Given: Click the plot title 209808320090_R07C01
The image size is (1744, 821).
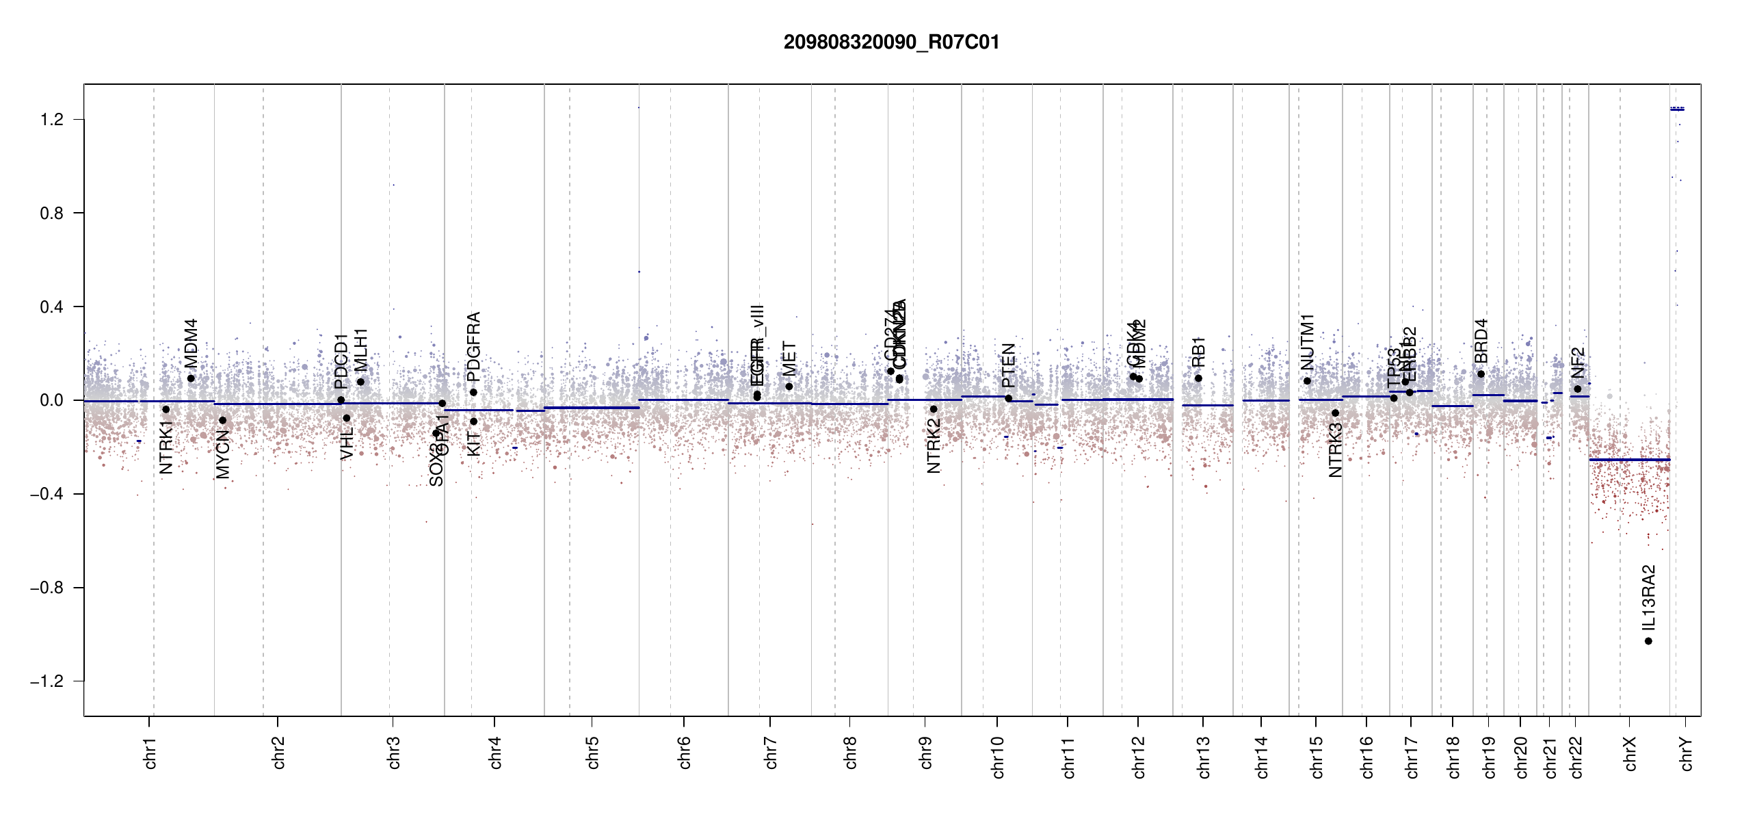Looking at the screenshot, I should coord(891,42).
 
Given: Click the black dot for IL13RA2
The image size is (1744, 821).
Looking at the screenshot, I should coord(1648,641).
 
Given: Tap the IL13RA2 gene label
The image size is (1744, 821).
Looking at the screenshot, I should coord(1648,598).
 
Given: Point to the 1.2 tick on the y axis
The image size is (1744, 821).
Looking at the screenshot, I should coord(52,120).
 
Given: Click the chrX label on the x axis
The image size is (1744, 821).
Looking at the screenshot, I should coord(1630,753).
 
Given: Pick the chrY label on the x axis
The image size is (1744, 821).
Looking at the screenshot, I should coord(1686,753).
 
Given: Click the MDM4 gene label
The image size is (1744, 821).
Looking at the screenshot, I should coord(191,343).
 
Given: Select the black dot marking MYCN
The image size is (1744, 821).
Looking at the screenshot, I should coord(222,420).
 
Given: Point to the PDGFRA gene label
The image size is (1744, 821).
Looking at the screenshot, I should coord(473,347).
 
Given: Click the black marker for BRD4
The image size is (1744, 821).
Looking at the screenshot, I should coord(1481,374).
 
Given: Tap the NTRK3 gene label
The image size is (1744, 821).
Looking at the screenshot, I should coord(1335,449).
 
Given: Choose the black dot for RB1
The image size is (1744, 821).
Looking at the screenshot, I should coord(1198,378).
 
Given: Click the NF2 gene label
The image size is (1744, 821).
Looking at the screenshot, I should coord(1577,363).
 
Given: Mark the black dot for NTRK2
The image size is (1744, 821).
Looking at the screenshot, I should coord(934,409).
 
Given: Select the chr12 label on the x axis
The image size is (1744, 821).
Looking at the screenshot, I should coord(1138,757).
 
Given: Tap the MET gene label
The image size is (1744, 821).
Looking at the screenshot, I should coord(789,359).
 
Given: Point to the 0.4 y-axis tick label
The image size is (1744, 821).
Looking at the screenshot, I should coord(52,307).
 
